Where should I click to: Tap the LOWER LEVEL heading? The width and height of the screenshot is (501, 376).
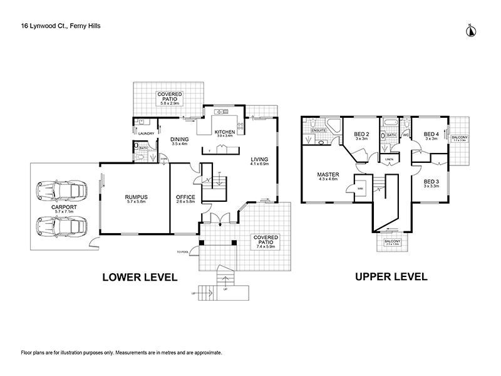tap(140, 276)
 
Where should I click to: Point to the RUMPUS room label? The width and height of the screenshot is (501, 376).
tap(135, 197)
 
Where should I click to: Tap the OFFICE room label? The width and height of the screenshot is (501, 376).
tap(186, 197)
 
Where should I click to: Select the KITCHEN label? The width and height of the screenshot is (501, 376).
tap(224, 132)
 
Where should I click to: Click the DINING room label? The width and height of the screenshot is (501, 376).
tap(180, 140)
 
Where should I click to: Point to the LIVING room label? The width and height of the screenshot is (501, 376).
tap(260, 159)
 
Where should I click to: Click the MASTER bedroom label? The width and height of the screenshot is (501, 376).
tap(328, 175)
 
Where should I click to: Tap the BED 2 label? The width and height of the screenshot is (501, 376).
tap(360, 134)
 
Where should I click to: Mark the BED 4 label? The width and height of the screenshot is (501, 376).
tap(431, 134)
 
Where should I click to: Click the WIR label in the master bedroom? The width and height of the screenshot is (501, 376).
tap(361, 187)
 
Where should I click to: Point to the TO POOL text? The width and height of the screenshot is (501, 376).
tap(187, 251)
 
